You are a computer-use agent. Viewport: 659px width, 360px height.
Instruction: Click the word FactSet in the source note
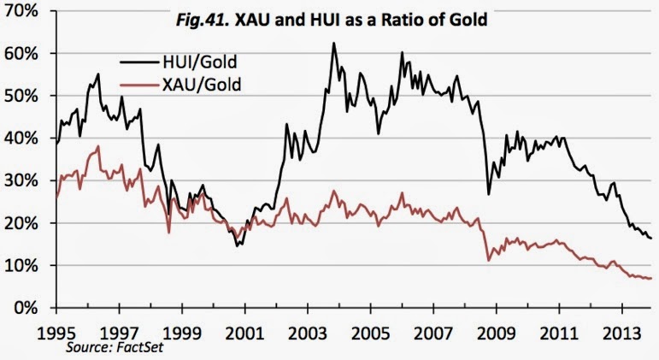click(x=140, y=349)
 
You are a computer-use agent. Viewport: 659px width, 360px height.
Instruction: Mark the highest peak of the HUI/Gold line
click(x=333, y=43)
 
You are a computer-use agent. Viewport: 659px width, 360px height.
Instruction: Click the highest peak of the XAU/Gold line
click(x=99, y=146)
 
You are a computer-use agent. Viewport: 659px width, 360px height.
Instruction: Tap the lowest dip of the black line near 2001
click(x=238, y=245)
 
